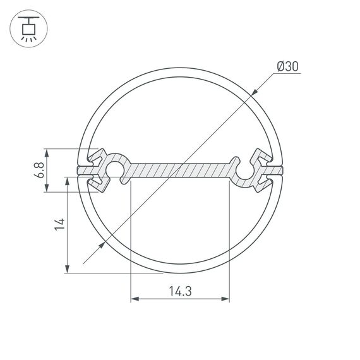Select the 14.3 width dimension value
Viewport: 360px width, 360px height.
click(180, 292)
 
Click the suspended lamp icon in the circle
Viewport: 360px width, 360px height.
click(28, 28)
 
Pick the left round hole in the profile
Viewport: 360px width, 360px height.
click(115, 169)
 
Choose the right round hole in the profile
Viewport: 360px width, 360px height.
click(245, 169)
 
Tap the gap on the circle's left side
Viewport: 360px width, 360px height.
click(80, 171)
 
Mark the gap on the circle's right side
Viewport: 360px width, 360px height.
click(280, 171)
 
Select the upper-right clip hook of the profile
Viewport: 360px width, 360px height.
click(261, 157)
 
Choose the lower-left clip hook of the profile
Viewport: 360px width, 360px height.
click(97, 184)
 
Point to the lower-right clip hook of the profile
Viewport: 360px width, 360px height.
click(261, 183)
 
